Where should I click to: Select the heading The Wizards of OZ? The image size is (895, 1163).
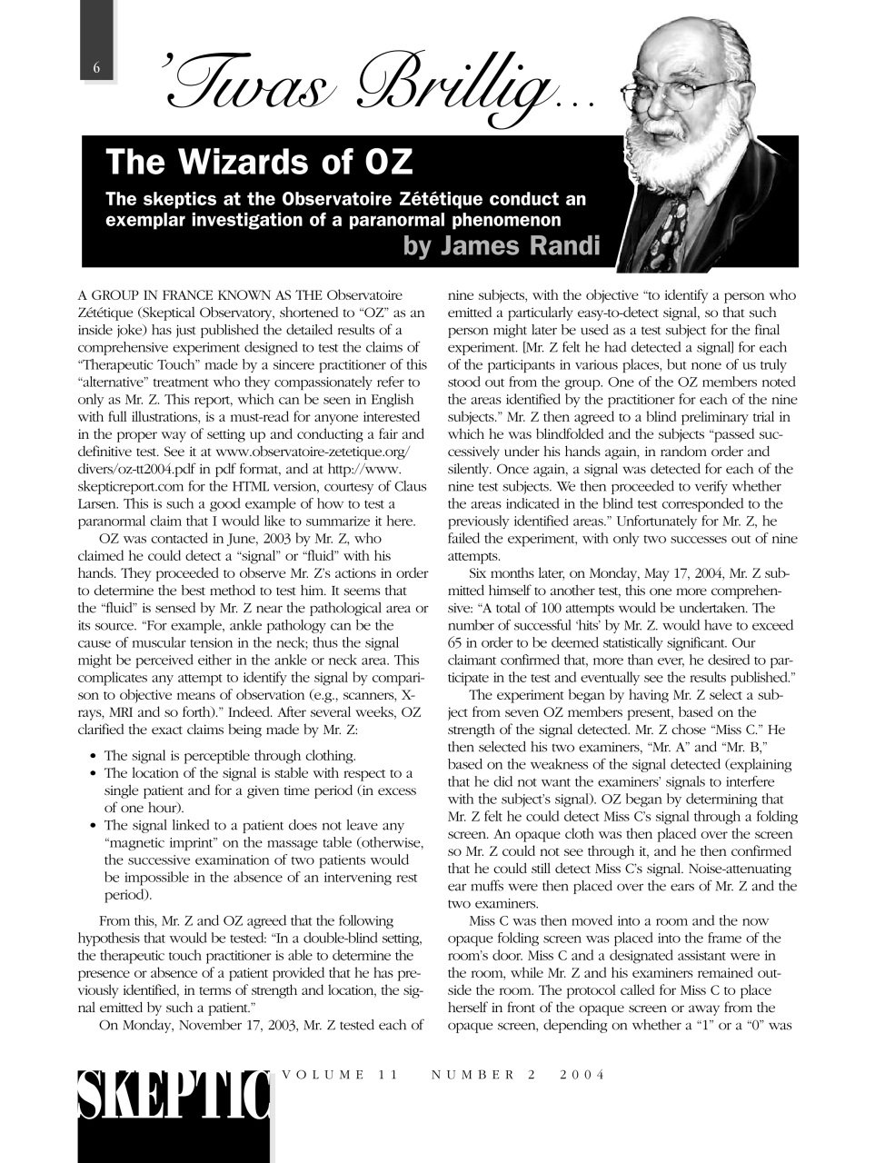[x=259, y=162]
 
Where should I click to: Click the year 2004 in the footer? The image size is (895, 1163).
[x=582, y=1075]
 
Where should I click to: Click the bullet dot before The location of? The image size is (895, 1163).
[x=94, y=773]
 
